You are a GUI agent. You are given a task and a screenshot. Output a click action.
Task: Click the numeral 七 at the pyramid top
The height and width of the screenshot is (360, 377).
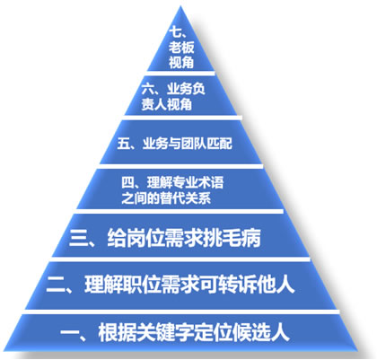pyautogui.click(x=175, y=32)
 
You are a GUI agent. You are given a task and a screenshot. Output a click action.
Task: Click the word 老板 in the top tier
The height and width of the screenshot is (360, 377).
pyautogui.click(x=181, y=48)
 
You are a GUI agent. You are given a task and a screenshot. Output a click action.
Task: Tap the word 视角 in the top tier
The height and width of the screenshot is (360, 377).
pyautogui.click(x=181, y=63)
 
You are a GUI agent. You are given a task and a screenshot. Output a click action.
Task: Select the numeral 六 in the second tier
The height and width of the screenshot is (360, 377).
pyautogui.click(x=148, y=89)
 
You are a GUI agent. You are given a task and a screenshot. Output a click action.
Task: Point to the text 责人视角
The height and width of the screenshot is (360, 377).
pyautogui.click(x=166, y=105)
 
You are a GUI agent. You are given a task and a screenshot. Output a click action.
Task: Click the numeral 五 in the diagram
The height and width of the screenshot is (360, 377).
pyautogui.click(x=123, y=144)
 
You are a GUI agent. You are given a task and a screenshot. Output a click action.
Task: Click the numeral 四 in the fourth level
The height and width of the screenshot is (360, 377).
pyautogui.click(x=127, y=182)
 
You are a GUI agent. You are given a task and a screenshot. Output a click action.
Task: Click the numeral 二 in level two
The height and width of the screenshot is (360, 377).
pyautogui.click(x=56, y=285)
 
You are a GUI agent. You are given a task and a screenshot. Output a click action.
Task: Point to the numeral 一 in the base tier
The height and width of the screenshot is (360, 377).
pyautogui.click(x=69, y=332)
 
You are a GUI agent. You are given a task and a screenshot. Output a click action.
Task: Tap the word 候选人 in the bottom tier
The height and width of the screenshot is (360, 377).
pyautogui.click(x=262, y=331)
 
